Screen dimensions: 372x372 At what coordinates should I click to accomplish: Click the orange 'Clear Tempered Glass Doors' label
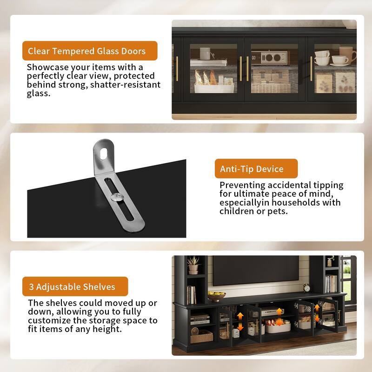[90, 51]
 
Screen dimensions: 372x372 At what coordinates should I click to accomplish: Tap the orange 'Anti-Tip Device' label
[256, 168]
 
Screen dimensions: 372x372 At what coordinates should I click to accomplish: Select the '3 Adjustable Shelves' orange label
[74, 286]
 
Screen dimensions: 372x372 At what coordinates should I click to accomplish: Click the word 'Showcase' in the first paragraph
[46, 67]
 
